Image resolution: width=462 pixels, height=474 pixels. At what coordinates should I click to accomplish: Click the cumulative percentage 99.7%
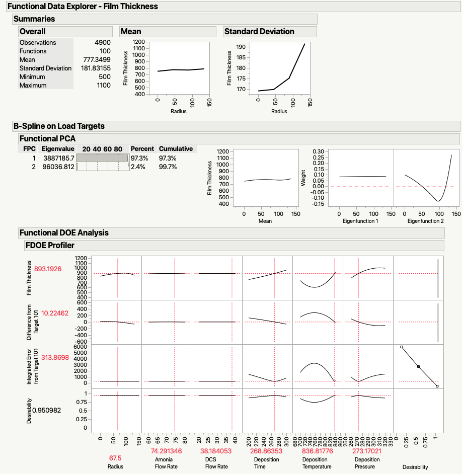168,167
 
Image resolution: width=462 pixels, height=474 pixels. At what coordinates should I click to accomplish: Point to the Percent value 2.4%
138,167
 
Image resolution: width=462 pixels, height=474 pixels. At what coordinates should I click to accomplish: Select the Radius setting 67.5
116,459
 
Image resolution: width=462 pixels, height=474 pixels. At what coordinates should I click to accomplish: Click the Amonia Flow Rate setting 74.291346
167,451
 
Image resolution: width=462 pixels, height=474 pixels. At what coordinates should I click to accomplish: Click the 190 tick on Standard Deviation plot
253,47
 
